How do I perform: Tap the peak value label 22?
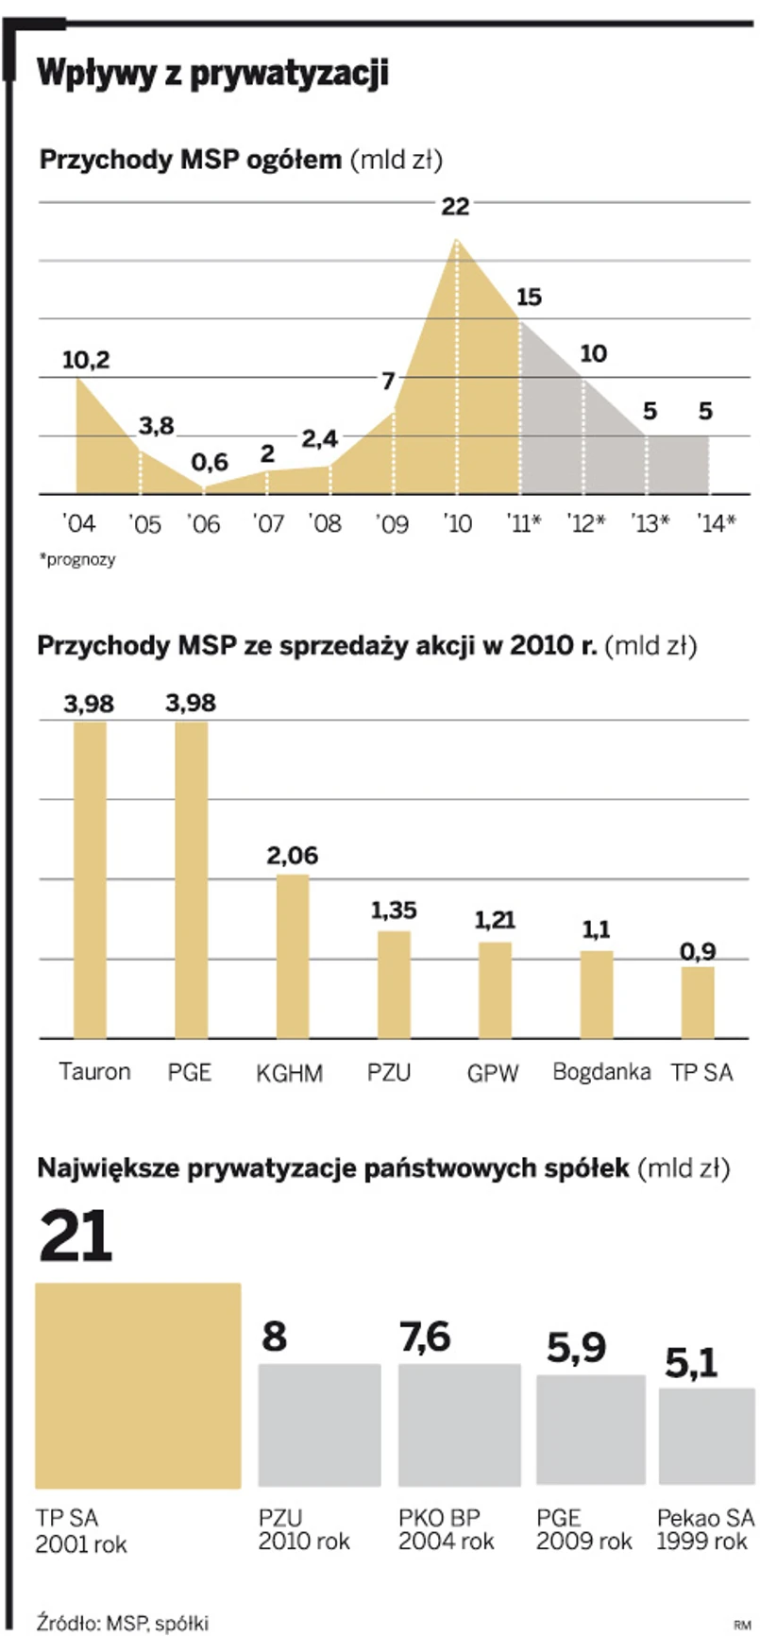coord(455,206)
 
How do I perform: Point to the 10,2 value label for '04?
coord(86,360)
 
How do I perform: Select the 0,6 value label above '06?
coord(210,462)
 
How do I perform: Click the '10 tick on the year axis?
coord(457,522)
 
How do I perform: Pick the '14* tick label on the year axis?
coord(716,522)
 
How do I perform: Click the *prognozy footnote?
coord(77,559)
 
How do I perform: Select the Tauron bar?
coord(90,879)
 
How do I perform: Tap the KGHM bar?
coord(293,956)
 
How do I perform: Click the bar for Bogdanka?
coord(596,994)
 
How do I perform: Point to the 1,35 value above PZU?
coord(394,911)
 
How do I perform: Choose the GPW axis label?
coord(493,1073)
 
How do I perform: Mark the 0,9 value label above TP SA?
coord(698,951)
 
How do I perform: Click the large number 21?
coord(76,1236)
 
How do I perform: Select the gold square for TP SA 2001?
coord(138,1385)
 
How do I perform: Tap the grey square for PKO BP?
coord(459,1424)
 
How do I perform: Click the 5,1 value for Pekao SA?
coord(691,1362)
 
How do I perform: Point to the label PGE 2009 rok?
coord(583,1529)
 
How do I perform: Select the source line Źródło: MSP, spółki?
coord(123,1622)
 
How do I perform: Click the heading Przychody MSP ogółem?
coord(190,160)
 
